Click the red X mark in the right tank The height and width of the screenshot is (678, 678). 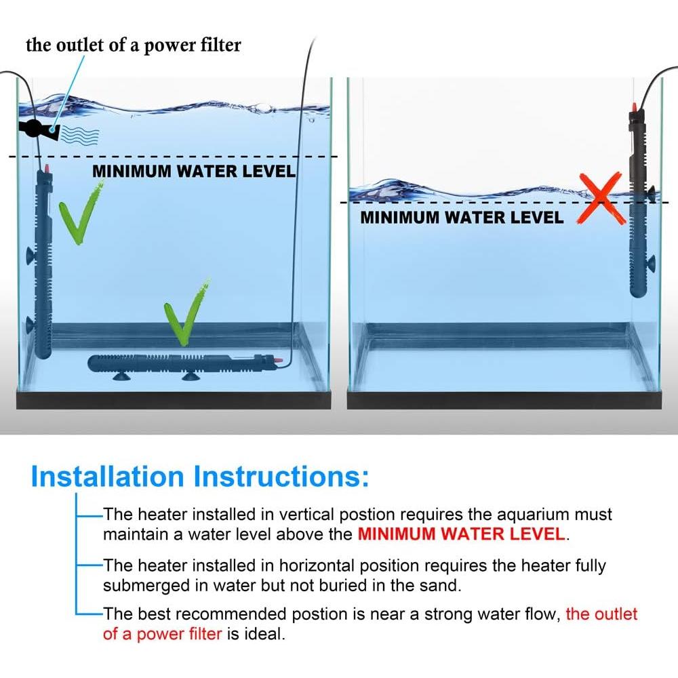coord(601,198)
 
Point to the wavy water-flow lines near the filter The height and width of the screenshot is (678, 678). coord(79,136)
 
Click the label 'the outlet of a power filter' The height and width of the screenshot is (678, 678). coord(133,45)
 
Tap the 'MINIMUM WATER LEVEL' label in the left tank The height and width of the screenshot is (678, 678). coord(194,172)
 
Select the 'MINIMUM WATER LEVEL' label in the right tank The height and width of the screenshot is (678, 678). coord(462,217)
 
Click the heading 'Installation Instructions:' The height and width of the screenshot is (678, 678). coord(200,477)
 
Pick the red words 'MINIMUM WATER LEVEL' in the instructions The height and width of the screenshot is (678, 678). coord(461,534)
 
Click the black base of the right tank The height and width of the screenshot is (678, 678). coord(504,401)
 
